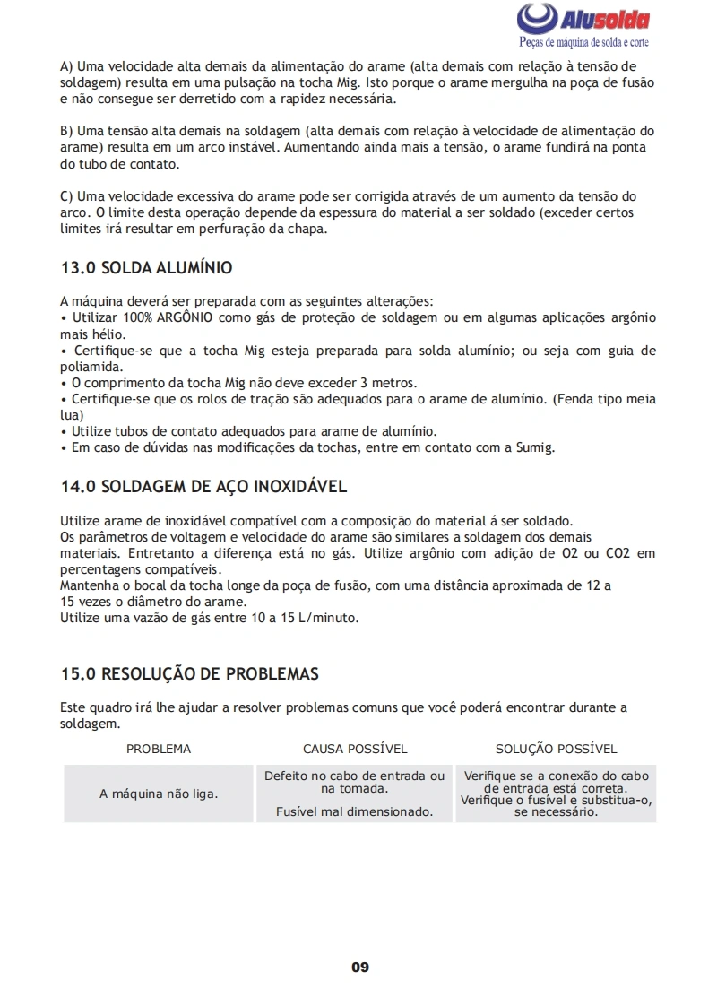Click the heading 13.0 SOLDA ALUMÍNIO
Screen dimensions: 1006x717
pyautogui.click(x=146, y=268)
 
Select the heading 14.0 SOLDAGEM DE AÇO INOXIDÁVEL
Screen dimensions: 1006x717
pyautogui.click(x=203, y=488)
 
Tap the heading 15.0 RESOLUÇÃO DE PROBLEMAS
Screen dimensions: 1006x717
pyautogui.click(x=189, y=674)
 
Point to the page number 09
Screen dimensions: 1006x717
pyautogui.click(x=359, y=967)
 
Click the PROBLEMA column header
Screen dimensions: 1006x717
pyautogui.click(x=159, y=749)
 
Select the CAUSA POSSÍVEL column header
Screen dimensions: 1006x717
pyautogui.click(x=355, y=749)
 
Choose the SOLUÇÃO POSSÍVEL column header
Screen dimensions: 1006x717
pyautogui.click(x=556, y=749)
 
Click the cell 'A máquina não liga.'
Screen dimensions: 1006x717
pyautogui.click(x=159, y=794)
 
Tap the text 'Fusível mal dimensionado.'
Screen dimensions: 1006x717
pyautogui.click(x=355, y=811)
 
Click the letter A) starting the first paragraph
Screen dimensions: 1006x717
pyautogui.click(x=66, y=66)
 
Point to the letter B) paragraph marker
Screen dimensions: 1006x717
pyautogui.click(x=66, y=131)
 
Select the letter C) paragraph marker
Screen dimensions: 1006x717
pyautogui.click(x=66, y=195)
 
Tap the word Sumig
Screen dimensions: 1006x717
pyautogui.click(x=535, y=447)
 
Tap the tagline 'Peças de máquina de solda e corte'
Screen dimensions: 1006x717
pyautogui.click(x=584, y=42)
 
